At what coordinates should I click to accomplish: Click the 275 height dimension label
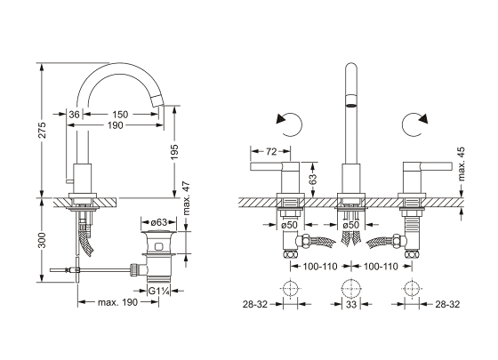click(43, 130)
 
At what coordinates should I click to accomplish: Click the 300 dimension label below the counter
click(43, 241)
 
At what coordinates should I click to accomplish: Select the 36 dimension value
click(74, 115)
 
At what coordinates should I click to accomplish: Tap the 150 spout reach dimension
click(120, 115)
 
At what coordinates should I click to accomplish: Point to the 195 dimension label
click(174, 153)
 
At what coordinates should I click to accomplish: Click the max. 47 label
click(187, 198)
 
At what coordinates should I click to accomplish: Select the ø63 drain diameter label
click(158, 222)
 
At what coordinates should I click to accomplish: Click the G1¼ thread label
click(158, 291)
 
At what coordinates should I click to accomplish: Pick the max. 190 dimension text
click(117, 302)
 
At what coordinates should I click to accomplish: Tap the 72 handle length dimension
click(271, 152)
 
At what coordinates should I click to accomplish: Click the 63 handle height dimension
click(313, 180)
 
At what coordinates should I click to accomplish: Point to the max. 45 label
click(462, 164)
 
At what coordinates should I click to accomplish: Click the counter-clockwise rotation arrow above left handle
click(289, 124)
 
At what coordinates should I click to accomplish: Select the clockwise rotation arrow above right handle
click(414, 124)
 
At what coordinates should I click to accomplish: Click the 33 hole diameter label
click(351, 304)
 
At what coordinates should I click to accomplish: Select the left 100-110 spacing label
click(320, 267)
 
